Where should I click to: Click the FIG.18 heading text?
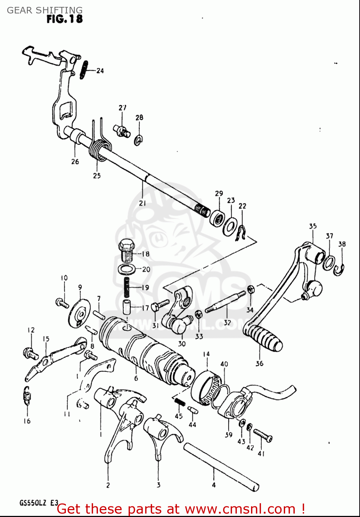click(x=64, y=19)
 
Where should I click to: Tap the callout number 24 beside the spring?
click(x=100, y=71)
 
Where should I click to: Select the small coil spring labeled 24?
click(x=84, y=70)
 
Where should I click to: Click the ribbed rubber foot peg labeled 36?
click(x=264, y=338)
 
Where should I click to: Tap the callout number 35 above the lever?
click(x=312, y=226)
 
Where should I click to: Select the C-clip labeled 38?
click(x=340, y=269)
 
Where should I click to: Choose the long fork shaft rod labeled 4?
click(x=221, y=467)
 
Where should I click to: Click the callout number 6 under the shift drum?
click(x=136, y=378)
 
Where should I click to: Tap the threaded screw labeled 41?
click(x=263, y=435)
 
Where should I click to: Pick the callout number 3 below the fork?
click(x=158, y=485)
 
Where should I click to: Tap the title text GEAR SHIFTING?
click(x=45, y=10)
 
